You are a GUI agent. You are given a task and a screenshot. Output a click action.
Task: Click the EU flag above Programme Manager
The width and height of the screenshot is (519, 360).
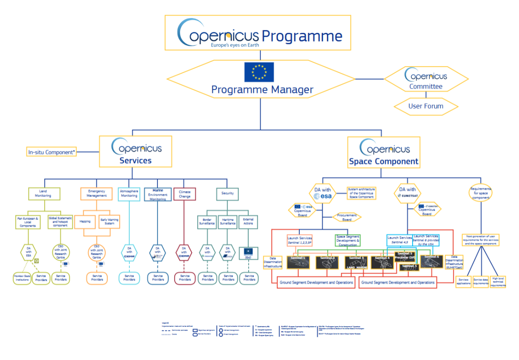pyautogui.click(x=259, y=72)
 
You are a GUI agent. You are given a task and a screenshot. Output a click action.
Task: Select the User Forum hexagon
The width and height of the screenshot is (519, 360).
pyautogui.click(x=426, y=106)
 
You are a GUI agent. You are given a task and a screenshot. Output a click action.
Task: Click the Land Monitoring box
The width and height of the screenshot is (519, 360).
pyautogui.click(x=43, y=193)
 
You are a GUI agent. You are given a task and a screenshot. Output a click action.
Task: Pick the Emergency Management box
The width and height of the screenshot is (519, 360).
pyautogui.click(x=96, y=193)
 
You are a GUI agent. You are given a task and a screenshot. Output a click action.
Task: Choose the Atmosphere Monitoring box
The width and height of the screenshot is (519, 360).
pyautogui.click(x=128, y=193)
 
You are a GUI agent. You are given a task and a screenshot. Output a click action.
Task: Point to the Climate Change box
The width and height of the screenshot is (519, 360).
pyautogui.click(x=184, y=193)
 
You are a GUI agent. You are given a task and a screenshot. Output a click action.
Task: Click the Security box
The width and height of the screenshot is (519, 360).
pyautogui.click(x=227, y=193)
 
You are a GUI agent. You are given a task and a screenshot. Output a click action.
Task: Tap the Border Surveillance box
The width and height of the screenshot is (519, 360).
pyautogui.click(x=207, y=222)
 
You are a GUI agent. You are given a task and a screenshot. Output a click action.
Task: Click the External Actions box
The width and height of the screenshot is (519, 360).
pyautogui.click(x=248, y=222)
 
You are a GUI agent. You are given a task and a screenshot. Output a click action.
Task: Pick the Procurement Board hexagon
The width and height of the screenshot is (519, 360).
pyautogui.click(x=346, y=217)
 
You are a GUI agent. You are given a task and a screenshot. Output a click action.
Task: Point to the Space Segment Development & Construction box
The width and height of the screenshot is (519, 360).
pyautogui.click(x=348, y=240)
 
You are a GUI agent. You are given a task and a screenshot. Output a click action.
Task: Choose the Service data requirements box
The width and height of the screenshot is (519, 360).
pyautogui.click(x=481, y=282)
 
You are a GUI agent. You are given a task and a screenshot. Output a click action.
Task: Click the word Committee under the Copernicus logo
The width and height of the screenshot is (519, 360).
pyautogui.click(x=426, y=87)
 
